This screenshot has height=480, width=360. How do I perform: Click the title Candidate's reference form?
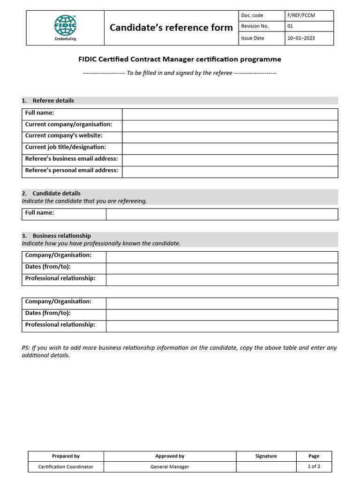pyautogui.click(x=171, y=28)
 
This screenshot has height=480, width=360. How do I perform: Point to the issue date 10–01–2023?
pyautogui.click(x=301, y=38)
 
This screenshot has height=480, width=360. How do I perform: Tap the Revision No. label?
pyautogui.click(x=255, y=26)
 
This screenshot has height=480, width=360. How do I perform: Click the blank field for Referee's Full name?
pyautogui.click(x=230, y=114)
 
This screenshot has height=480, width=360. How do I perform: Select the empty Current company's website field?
pyautogui.click(x=230, y=136)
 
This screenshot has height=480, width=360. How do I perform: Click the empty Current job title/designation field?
pyautogui.click(x=230, y=148)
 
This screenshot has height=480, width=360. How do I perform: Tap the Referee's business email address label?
pyautogui.click(x=71, y=159)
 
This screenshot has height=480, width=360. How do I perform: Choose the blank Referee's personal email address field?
pyautogui.click(x=230, y=172)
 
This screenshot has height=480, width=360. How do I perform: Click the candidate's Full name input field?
pyautogui.click(x=221, y=214)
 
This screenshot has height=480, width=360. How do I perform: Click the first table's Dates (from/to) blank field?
pyautogui.click(x=221, y=268)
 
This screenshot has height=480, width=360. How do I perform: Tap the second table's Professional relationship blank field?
pyautogui.click(x=221, y=326)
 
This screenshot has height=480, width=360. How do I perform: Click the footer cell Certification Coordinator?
pyautogui.click(x=66, y=467)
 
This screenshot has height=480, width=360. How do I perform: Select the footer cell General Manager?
pyautogui.click(x=170, y=467)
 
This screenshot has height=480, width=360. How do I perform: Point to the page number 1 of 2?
pyautogui.click(x=314, y=466)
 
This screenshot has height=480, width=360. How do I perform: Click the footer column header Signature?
pyautogui.click(x=266, y=456)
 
